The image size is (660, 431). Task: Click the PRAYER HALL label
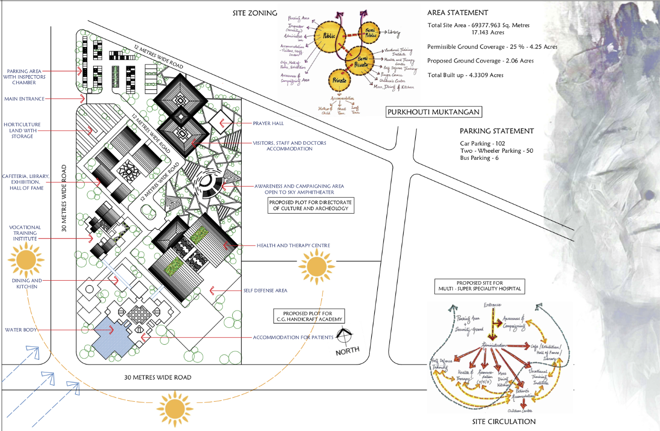tap(269, 123)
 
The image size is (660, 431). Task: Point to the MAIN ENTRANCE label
tap(24, 99)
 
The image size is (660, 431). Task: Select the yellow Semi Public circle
tap(370, 32)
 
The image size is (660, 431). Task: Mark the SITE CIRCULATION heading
tap(504, 421)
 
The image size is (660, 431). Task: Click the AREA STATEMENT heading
tap(457, 13)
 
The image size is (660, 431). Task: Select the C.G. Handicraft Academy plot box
tap(309, 316)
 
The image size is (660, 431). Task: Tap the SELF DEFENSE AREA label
tap(265, 290)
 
